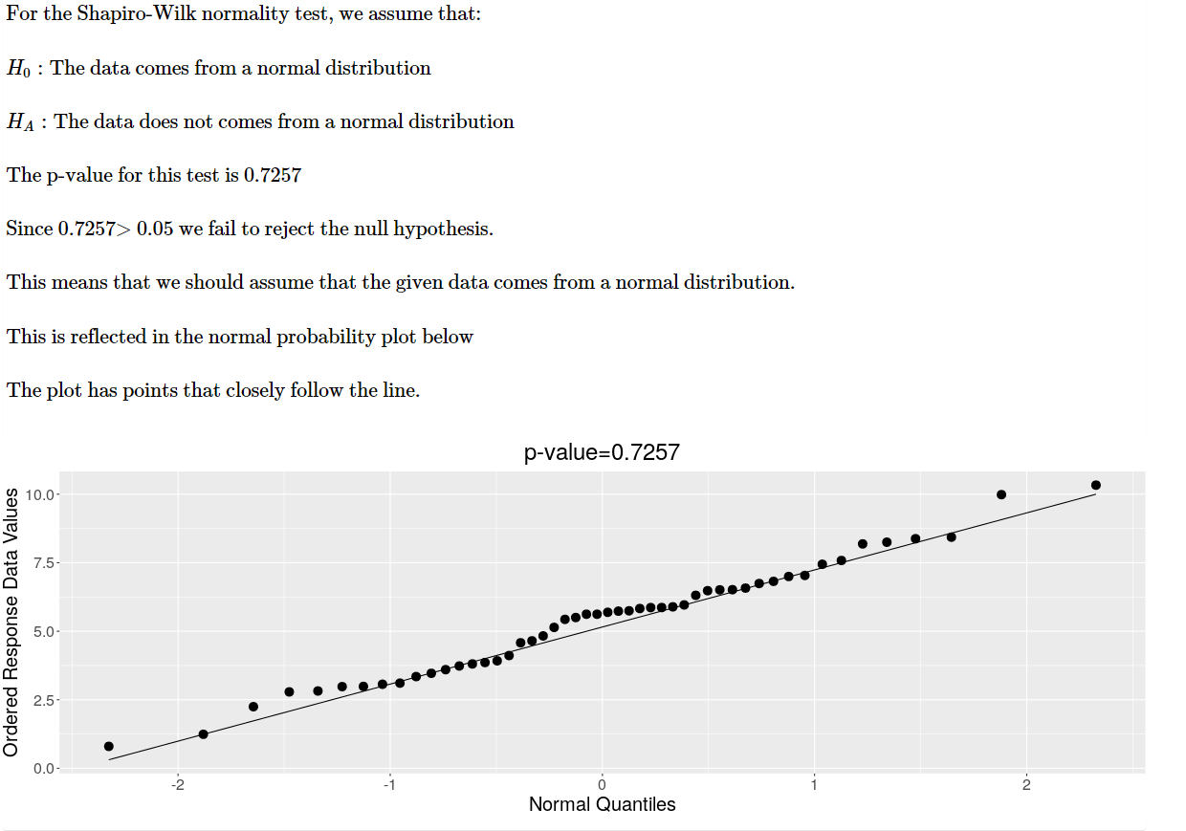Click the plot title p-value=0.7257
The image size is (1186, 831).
point(602,452)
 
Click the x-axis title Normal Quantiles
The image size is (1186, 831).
point(602,804)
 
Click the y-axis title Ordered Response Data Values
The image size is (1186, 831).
point(11,622)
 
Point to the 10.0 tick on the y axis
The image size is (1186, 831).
point(43,494)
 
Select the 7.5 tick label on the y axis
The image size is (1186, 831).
point(43,563)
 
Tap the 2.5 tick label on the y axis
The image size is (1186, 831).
point(43,700)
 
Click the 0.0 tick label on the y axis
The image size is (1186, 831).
point(43,768)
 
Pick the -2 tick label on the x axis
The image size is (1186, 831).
point(177,785)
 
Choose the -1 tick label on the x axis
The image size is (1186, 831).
point(389,785)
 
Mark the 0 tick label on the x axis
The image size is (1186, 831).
point(602,785)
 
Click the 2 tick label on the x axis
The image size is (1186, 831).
point(1026,785)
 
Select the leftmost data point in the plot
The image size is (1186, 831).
point(109,746)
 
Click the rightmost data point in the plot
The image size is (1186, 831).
point(1096,485)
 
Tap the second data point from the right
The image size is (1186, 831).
point(1001,494)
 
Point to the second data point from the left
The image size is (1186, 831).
point(203,734)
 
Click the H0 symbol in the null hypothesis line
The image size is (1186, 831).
point(18,69)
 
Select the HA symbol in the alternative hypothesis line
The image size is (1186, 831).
point(20,122)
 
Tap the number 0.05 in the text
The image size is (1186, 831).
point(155,230)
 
